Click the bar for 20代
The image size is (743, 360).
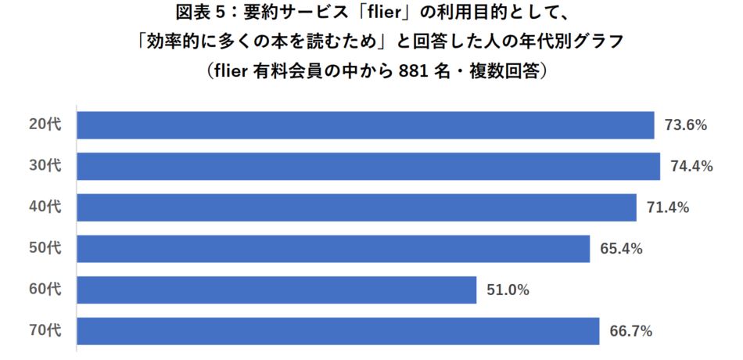point(365,125)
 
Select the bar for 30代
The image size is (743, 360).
point(368,166)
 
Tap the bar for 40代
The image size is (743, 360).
point(357,207)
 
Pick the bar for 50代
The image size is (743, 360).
point(333,249)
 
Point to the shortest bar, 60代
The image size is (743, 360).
point(277,290)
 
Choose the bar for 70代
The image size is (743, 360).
point(338,331)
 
